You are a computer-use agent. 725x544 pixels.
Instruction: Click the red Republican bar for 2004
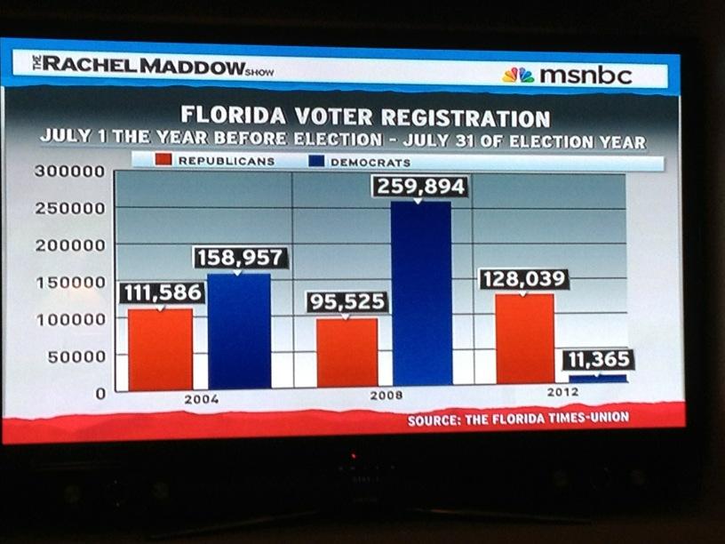[x=160, y=349]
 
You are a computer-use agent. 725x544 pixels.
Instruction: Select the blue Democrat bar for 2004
[x=239, y=331]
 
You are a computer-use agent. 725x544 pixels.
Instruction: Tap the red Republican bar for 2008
[x=347, y=352]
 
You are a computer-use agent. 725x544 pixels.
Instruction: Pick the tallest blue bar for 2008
[x=421, y=293]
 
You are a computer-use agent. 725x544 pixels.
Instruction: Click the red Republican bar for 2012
[x=525, y=339]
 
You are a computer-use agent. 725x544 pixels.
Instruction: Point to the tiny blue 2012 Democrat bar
[x=597, y=378]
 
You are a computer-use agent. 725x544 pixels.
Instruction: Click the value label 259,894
[x=421, y=188]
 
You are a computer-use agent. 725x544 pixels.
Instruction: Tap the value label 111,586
[x=161, y=293]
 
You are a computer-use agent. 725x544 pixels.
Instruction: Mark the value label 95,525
[x=347, y=302]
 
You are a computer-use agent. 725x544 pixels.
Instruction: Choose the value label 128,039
[x=523, y=279]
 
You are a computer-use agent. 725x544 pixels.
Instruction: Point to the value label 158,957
[x=240, y=258]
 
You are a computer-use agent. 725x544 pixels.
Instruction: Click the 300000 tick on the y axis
[x=69, y=172]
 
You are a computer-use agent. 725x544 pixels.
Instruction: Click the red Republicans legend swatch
[x=162, y=161]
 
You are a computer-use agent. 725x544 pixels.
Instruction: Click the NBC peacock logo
[x=518, y=76]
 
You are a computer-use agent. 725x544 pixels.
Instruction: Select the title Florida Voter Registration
[x=365, y=116]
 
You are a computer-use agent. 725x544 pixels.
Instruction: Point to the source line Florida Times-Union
[x=518, y=419]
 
